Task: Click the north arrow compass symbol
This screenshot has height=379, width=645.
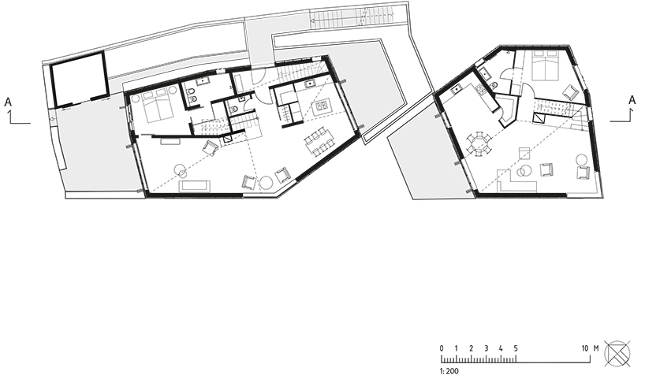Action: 617,354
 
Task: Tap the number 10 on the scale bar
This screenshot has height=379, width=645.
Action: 585,348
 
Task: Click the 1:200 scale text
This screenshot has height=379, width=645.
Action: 449,371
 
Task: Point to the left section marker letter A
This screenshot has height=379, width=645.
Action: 8,102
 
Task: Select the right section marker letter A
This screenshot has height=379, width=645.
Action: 632,100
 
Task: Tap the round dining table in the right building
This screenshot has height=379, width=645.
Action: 479,144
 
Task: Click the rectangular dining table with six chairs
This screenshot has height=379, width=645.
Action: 320,141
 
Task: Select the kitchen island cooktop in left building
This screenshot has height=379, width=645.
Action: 322,107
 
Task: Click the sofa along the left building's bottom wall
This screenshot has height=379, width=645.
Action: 195,186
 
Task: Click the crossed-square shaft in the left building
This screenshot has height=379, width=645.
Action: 226,139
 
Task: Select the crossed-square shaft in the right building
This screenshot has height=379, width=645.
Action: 539,118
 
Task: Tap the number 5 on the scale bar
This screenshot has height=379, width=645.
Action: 516,348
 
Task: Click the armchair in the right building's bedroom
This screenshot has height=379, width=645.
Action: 571,92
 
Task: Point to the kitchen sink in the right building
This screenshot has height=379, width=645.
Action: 457,90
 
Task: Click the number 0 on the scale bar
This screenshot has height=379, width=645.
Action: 442,348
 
